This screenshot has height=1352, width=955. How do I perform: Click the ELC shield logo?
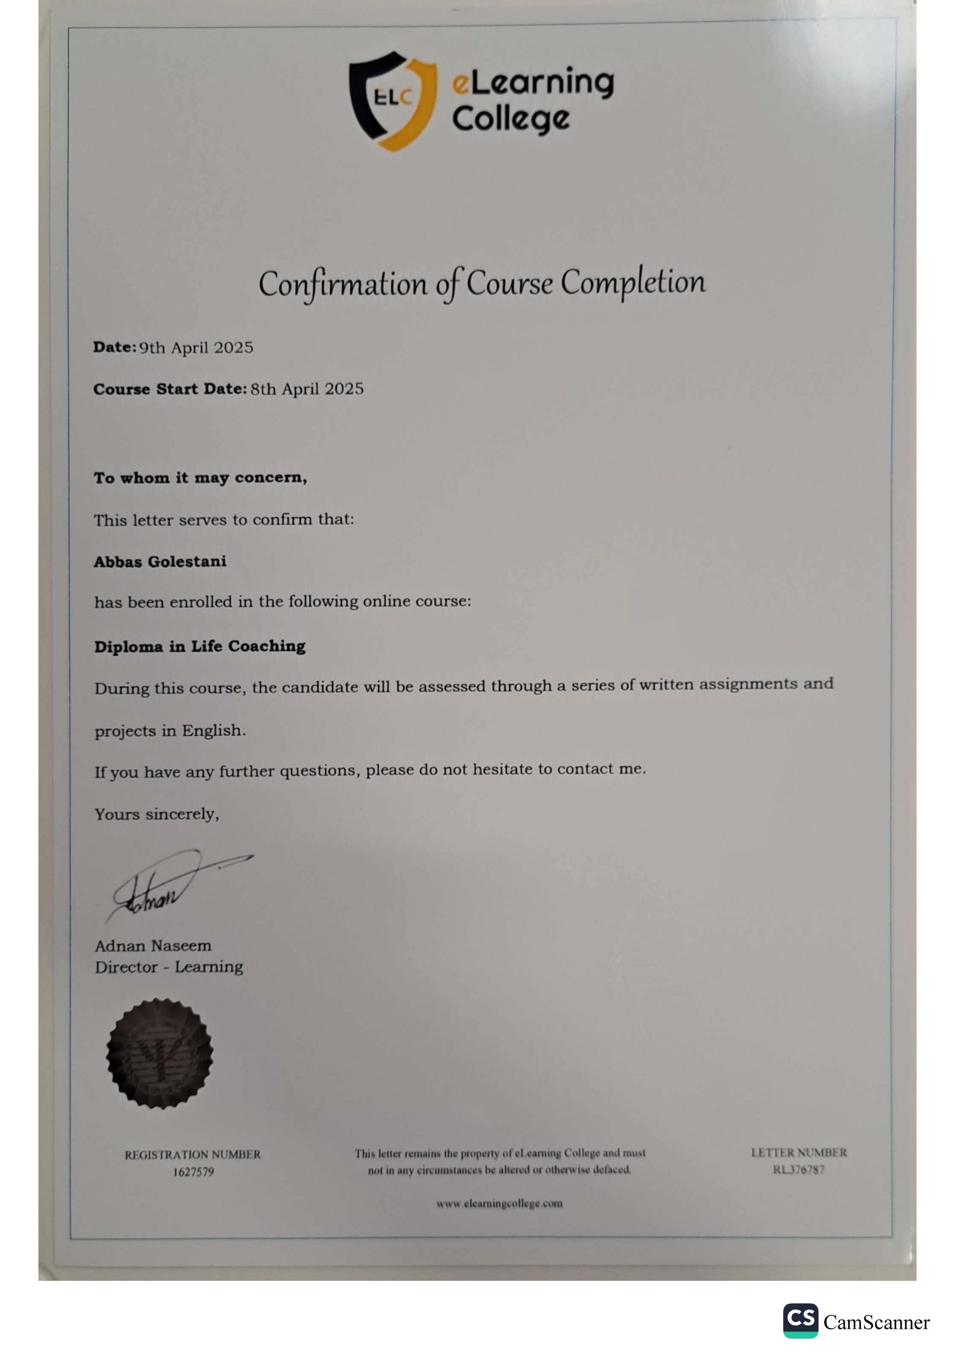click(393, 100)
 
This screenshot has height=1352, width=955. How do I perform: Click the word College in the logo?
click(510, 119)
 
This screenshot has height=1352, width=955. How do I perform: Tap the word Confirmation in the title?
click(343, 285)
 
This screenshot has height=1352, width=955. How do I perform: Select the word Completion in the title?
click(633, 282)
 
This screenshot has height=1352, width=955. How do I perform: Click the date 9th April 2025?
click(196, 348)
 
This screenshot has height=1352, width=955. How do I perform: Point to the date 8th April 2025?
click(307, 389)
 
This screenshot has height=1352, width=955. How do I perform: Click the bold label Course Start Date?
click(169, 389)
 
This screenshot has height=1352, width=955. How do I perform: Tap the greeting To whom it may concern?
click(200, 477)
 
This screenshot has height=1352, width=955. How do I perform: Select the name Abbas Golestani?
click(159, 561)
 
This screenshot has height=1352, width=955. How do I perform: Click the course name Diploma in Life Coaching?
click(200, 646)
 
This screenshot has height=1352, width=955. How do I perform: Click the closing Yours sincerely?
click(157, 814)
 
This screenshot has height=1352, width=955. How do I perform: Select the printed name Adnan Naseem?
click(153, 945)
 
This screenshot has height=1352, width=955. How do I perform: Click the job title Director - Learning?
click(169, 966)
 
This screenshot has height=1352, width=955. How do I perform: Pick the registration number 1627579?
click(193, 1172)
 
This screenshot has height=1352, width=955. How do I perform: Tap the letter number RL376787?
click(798, 1169)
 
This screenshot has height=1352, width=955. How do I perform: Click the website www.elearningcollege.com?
click(499, 1204)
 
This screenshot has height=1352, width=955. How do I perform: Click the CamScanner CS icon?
click(800, 1321)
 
